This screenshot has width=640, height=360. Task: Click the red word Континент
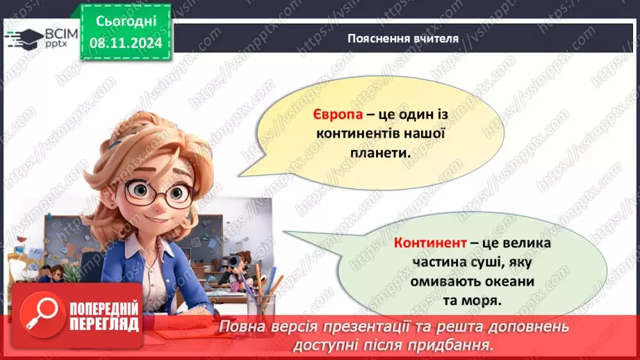pyautogui.click(x=425, y=244)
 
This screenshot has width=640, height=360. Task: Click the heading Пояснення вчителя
pyautogui.click(x=403, y=38)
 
